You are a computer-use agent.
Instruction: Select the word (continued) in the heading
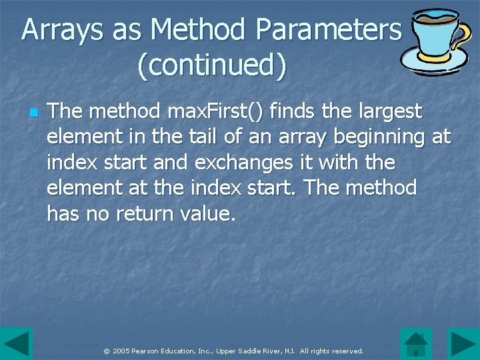click(x=212, y=65)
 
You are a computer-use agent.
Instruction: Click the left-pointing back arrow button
click(x=16, y=344)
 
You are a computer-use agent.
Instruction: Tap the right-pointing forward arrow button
click(x=463, y=344)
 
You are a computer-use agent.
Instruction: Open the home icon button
click(x=416, y=344)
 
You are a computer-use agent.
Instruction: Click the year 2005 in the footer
click(x=121, y=351)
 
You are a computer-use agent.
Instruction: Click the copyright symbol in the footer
click(x=107, y=351)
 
